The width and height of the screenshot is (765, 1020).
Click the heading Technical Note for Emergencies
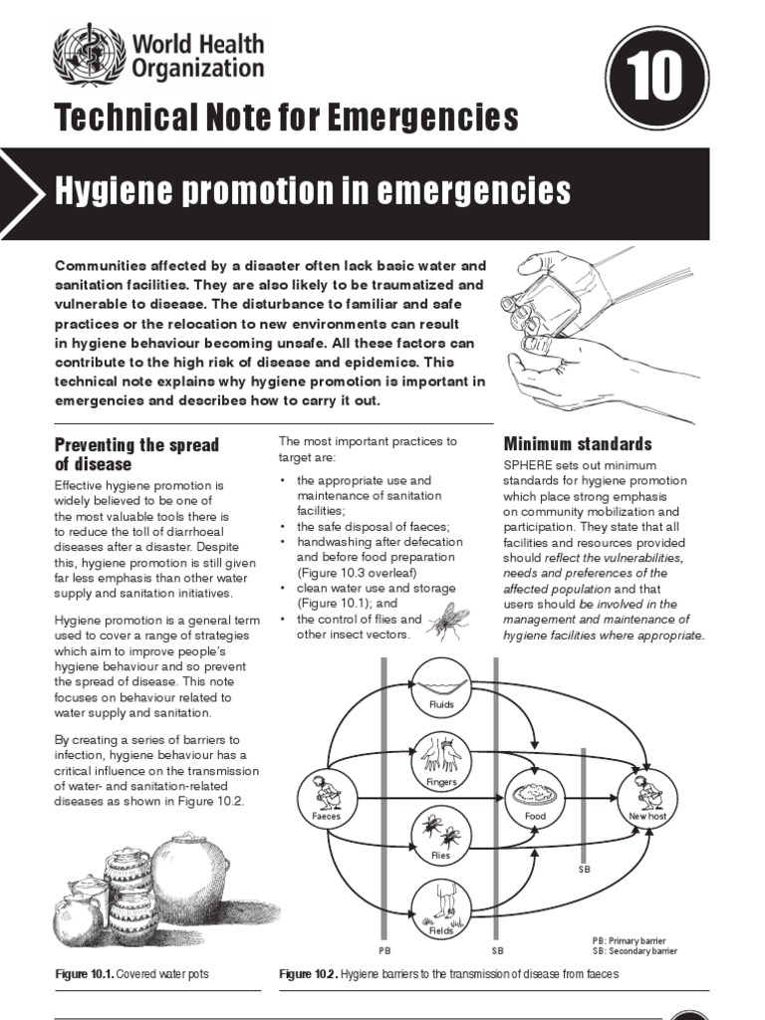point(287,118)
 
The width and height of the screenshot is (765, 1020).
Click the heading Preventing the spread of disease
point(136,454)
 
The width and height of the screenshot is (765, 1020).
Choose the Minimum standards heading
point(578,443)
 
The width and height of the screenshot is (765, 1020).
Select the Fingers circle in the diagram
point(441,762)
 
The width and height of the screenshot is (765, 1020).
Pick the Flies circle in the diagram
point(441,835)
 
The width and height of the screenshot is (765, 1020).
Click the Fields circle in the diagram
point(441,908)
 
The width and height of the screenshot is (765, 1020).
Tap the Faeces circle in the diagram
point(327,798)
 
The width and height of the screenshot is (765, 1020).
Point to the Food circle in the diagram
point(536,798)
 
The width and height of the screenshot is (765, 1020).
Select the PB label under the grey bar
point(385,950)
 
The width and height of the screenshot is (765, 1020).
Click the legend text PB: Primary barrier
point(629,940)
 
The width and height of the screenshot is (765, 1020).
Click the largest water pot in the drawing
point(191,878)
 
